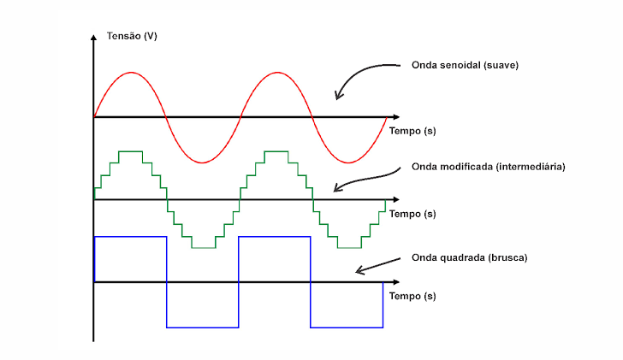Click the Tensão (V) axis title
(132, 36)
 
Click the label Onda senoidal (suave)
(465, 65)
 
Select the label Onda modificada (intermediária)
(489, 166)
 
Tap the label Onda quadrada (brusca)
(469, 257)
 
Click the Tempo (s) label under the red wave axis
(412, 131)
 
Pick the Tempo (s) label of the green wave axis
(412, 214)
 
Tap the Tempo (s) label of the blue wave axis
(412, 296)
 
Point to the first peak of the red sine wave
(131, 72)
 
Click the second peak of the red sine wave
(277, 72)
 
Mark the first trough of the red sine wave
(203, 162)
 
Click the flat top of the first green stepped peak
(130, 151)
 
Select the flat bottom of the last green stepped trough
(350, 248)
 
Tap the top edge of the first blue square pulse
(130, 237)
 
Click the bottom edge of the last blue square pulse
(347, 328)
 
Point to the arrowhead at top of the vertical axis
(94, 37)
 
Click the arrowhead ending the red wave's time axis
(396, 117)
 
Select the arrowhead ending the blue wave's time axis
(396, 282)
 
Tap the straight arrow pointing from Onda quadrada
(378, 266)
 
